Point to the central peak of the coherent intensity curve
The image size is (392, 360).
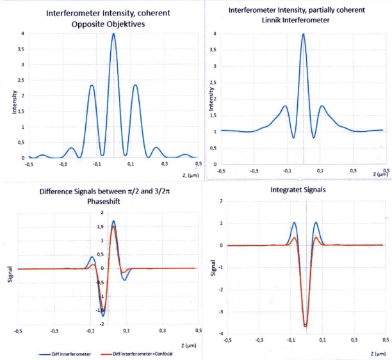[x=113, y=34]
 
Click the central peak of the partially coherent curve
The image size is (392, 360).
[x=303, y=35]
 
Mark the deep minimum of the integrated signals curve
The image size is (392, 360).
[x=306, y=326]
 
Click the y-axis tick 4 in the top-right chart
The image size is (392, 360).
[x=215, y=34]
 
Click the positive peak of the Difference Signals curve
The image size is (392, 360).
[x=114, y=222]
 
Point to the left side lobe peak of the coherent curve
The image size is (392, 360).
[x=92, y=85]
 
